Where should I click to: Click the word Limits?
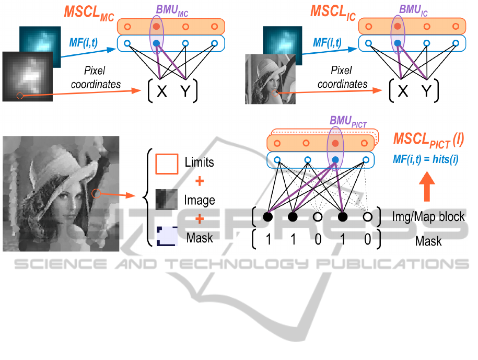[x=199, y=162]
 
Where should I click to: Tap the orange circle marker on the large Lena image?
[x=96, y=194]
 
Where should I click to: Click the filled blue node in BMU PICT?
[x=335, y=159]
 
